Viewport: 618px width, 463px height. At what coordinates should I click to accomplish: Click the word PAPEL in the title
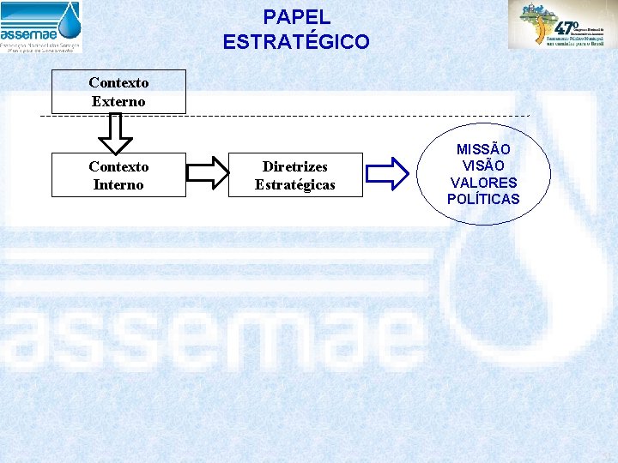[296, 16]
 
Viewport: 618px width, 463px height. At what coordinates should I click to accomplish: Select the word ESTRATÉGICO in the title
[296, 41]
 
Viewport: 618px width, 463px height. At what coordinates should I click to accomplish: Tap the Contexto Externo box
[118, 92]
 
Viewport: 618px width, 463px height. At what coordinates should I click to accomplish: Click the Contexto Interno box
[118, 175]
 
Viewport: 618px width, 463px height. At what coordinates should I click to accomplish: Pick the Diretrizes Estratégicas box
[295, 175]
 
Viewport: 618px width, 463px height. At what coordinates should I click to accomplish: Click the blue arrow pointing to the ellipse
[387, 173]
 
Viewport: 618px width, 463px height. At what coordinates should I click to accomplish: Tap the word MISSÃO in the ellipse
[483, 150]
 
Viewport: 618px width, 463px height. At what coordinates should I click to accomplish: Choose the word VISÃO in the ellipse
[483, 166]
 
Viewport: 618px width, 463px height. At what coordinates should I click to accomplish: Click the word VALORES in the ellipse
[483, 183]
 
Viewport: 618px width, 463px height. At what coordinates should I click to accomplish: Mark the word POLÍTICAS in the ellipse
[483, 199]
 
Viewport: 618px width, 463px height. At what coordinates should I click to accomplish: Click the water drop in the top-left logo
[69, 17]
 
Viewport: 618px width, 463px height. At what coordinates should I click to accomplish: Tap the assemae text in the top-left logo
[29, 34]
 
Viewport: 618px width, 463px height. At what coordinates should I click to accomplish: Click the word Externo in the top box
[118, 101]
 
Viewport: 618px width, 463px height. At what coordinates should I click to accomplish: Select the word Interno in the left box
[118, 184]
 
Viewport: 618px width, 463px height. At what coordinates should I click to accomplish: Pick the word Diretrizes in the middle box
[295, 166]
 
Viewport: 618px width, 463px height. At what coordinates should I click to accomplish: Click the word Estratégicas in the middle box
[295, 184]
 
